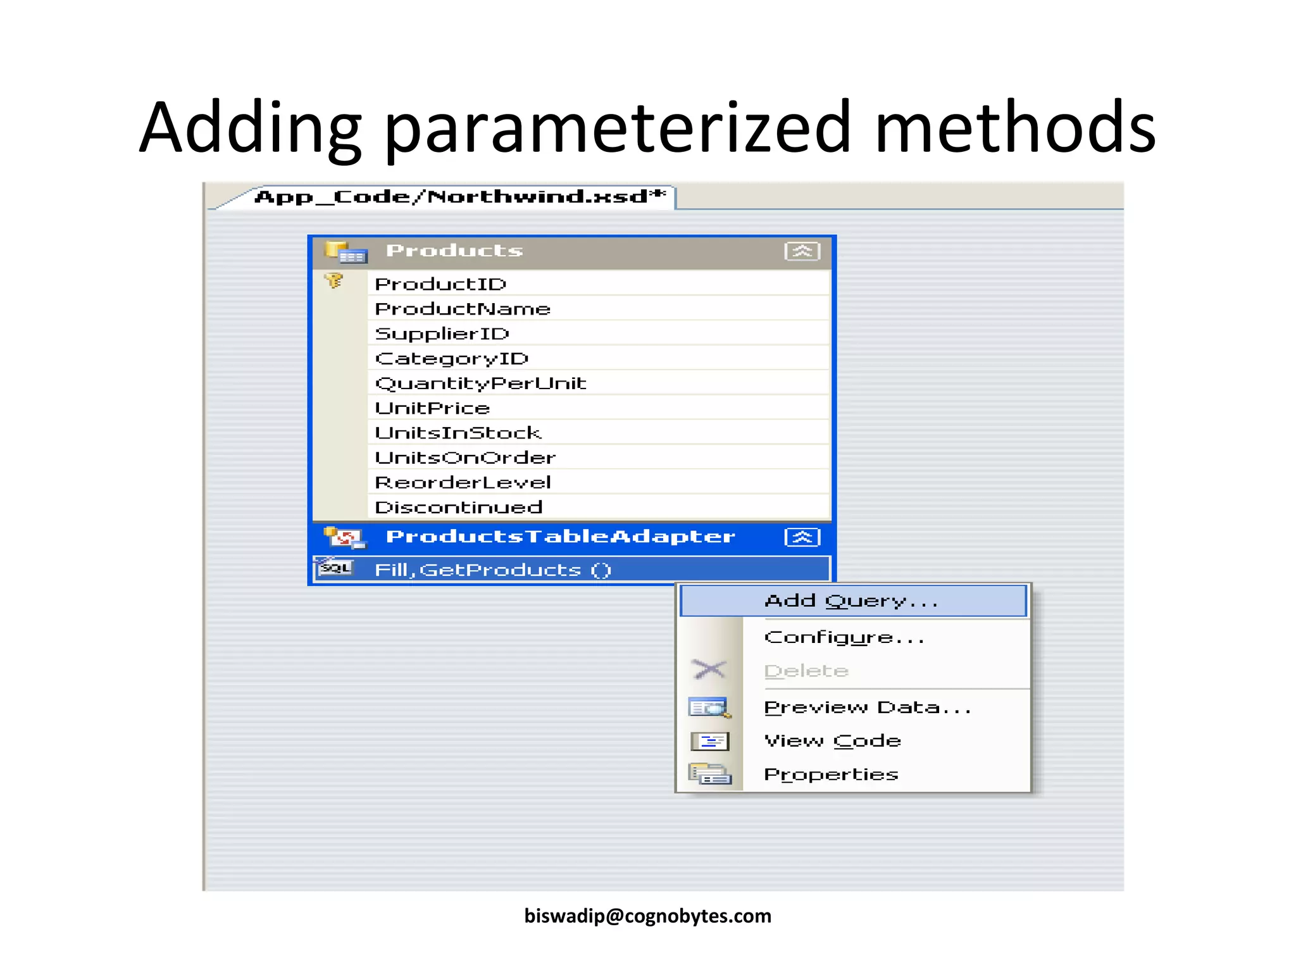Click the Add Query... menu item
click(x=851, y=601)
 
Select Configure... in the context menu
click(x=844, y=637)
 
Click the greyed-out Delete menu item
click(x=806, y=671)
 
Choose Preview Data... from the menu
click(x=867, y=707)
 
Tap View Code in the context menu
click(x=832, y=741)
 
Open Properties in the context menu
click(x=831, y=775)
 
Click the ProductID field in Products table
click(x=441, y=284)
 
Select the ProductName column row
click(x=463, y=309)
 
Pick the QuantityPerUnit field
click(x=480, y=383)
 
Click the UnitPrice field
click(x=432, y=408)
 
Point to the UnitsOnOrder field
click(x=465, y=458)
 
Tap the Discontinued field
click(x=459, y=508)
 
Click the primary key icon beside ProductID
click(x=333, y=280)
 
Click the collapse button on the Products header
click(x=802, y=251)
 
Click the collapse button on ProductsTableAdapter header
click(x=802, y=537)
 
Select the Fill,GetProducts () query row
click(x=492, y=570)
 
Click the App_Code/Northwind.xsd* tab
click(x=459, y=197)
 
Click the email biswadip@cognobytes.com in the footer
click(x=647, y=916)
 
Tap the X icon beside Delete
click(x=709, y=670)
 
